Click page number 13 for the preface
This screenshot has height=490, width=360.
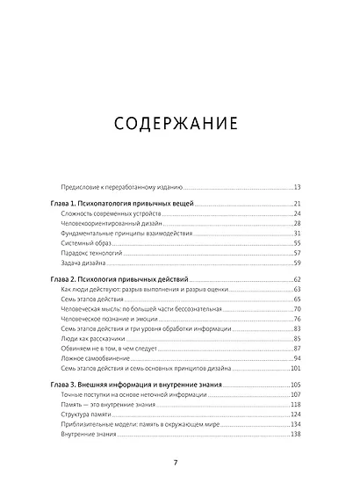[297, 187]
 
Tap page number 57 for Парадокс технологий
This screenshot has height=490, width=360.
[297, 252]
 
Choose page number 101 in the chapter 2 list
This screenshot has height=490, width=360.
[295, 370]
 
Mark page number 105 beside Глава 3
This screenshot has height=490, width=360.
[295, 386]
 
